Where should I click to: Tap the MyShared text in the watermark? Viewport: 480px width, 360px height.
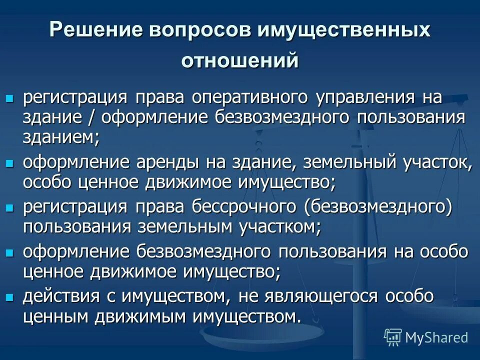[436, 337]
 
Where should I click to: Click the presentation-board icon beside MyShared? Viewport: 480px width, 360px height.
[393, 337]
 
